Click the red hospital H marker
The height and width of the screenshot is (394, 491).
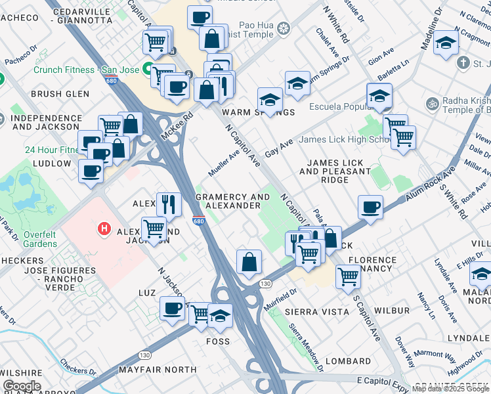(x=103, y=229)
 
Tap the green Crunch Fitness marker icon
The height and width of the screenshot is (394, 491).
(x=149, y=70)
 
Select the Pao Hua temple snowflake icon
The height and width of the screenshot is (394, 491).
(x=284, y=28)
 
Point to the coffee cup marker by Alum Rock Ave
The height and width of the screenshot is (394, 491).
(x=371, y=207)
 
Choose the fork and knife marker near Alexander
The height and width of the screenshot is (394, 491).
(x=169, y=204)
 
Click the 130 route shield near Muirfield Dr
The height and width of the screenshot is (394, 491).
(x=265, y=284)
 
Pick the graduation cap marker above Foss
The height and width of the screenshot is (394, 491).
(x=220, y=316)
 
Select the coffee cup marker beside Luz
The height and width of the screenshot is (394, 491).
(x=173, y=308)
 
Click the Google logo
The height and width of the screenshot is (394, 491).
(x=22, y=385)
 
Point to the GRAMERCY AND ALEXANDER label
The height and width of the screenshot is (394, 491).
(x=232, y=201)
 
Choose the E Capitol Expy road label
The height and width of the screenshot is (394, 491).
(x=383, y=380)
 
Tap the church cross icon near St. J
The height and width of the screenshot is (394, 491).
(x=463, y=63)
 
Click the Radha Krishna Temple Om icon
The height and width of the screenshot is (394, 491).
(x=433, y=104)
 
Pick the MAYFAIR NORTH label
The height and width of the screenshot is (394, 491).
(x=158, y=370)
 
